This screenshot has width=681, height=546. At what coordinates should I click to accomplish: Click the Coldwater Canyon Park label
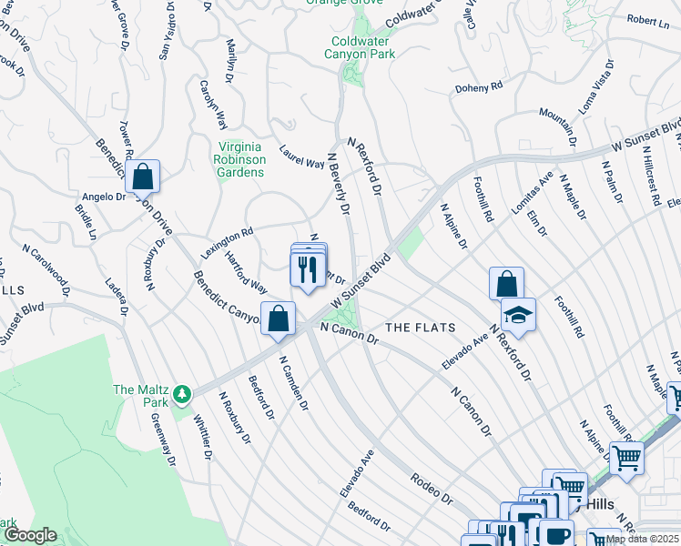pos(360,46)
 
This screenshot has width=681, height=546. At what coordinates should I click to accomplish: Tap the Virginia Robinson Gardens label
pos(241,160)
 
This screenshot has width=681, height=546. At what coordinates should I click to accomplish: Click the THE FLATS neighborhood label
pos(419,327)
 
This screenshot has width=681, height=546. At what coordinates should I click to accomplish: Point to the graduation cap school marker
pos(519,315)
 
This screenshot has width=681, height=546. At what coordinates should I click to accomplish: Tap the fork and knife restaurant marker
pos(308,268)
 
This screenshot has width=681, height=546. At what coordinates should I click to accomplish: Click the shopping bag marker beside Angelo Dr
pos(143,177)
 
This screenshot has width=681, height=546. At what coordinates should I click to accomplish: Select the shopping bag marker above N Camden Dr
pos(279,318)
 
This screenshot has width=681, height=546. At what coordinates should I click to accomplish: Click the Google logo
pos(31,535)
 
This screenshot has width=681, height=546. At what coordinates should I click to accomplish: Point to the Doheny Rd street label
pos(479,87)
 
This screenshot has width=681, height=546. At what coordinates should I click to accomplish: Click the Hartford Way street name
pos(246,273)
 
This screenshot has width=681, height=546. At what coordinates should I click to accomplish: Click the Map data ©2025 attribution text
pos(642,539)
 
